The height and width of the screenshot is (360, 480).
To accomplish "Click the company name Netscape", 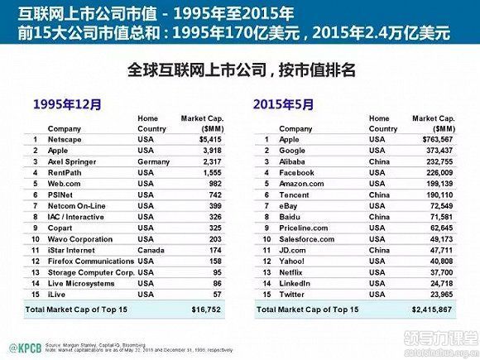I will click(x=65, y=141).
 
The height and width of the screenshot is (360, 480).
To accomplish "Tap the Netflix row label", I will click(x=293, y=271).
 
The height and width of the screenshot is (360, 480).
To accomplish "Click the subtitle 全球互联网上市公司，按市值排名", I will click(x=240, y=71).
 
